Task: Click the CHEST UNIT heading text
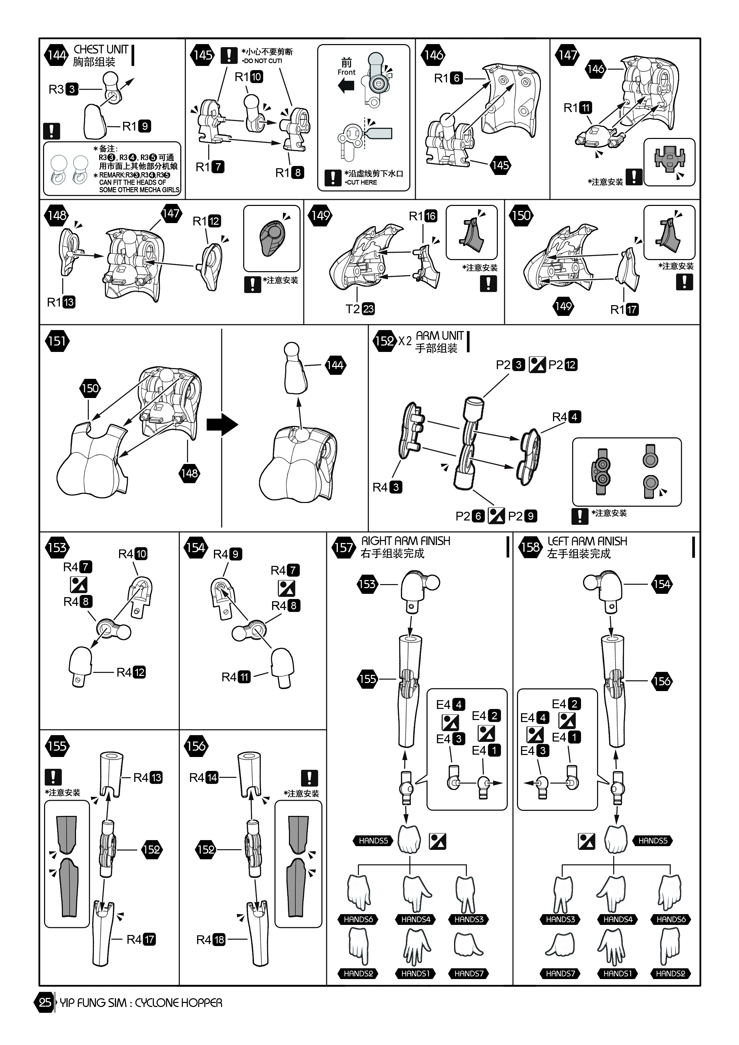pos(101,49)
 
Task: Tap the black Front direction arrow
pos(346,85)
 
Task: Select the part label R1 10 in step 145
pos(249,77)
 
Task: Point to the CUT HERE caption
pos(361,182)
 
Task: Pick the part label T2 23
pos(360,309)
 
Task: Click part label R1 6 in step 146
pos(448,78)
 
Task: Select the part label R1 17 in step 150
pos(624,310)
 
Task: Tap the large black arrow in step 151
pos(222,425)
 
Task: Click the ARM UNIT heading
pos(440,336)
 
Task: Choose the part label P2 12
pos(563,365)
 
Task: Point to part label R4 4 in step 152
pos(566,417)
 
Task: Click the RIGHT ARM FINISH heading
pos(405,541)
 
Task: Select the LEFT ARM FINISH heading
pos(587,541)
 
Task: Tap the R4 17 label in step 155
pos(141,939)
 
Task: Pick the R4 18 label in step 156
pos(211,939)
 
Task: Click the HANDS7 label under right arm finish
pos(469,974)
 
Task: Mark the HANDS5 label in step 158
pos(653,841)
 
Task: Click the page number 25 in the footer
pos(45,1003)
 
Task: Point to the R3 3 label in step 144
pos(63,89)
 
